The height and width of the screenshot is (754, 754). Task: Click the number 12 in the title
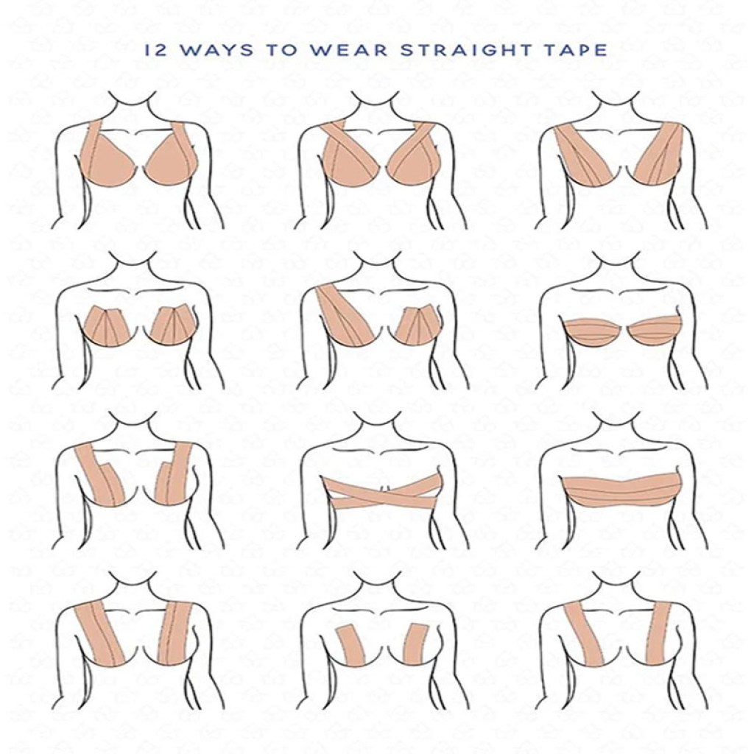(156, 50)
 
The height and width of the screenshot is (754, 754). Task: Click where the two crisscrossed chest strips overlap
(381, 492)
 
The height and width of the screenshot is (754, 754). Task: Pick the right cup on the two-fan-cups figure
(172, 326)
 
